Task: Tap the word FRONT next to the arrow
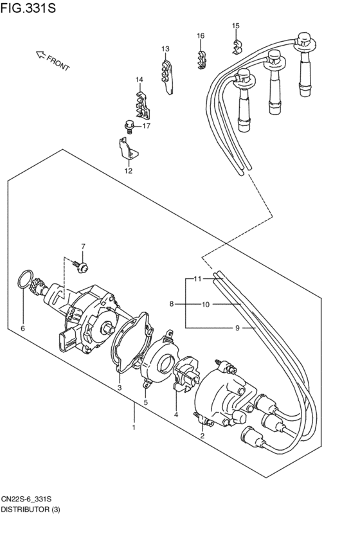(x=58, y=62)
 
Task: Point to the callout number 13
(x=165, y=49)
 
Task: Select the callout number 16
(x=201, y=35)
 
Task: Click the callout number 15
(x=235, y=26)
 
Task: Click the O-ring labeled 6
(x=23, y=281)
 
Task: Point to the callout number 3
(x=119, y=388)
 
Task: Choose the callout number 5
(x=145, y=402)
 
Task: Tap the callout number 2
(x=203, y=436)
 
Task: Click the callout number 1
(x=134, y=427)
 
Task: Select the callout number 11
(x=198, y=279)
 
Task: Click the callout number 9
(x=237, y=328)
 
